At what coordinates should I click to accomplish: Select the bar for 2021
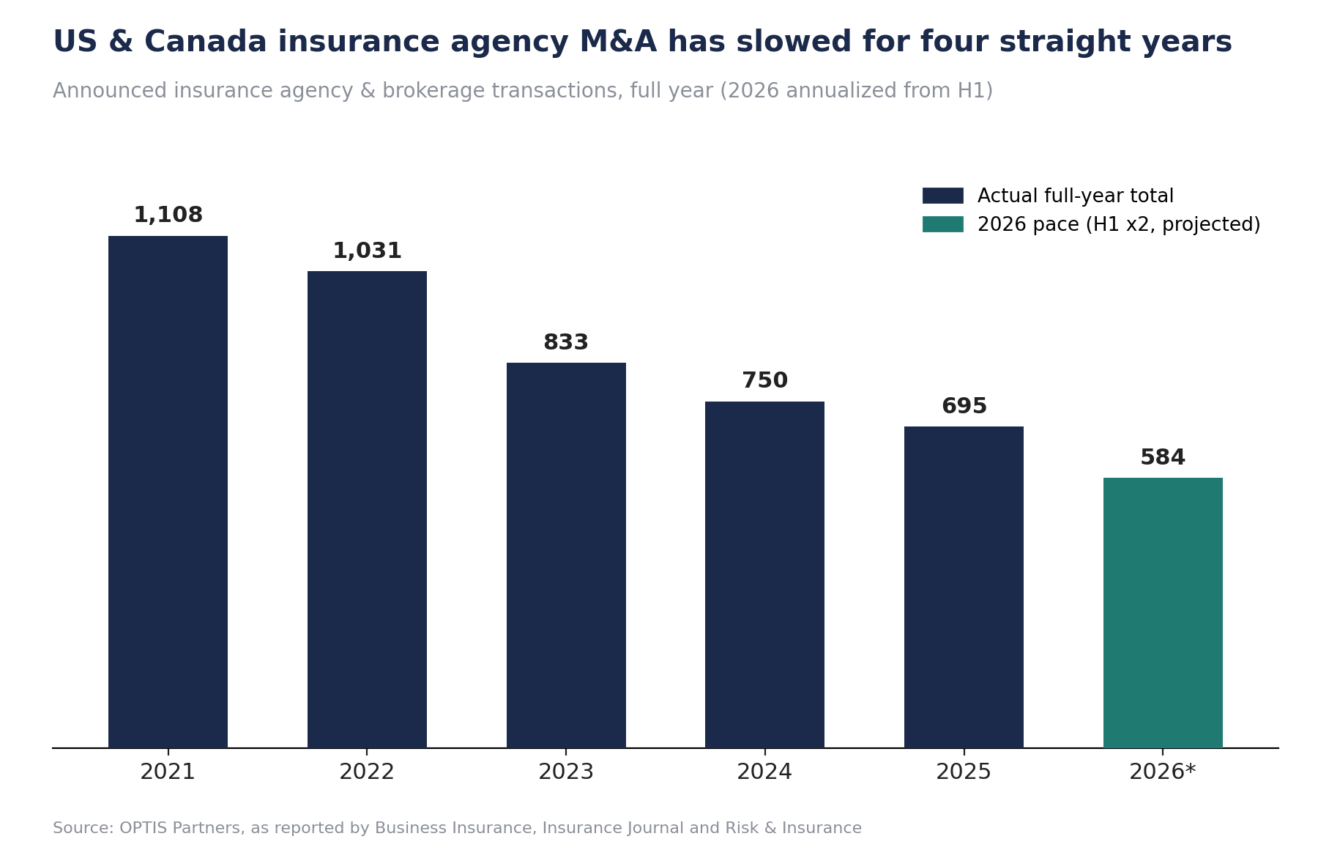[x=168, y=492]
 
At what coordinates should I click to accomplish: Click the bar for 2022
[x=367, y=509]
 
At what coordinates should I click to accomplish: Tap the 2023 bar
[x=566, y=555]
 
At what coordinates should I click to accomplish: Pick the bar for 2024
[x=764, y=574]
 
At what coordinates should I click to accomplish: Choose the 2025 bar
[x=964, y=587]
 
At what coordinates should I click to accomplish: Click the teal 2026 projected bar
[x=1163, y=613]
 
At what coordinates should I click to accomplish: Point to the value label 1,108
[x=168, y=215]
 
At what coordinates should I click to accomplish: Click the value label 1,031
[x=367, y=251]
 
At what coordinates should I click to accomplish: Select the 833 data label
[x=566, y=343]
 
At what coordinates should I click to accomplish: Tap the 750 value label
[x=764, y=381]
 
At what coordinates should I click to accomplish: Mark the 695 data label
[x=964, y=406]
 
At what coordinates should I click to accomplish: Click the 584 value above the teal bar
[x=1163, y=458]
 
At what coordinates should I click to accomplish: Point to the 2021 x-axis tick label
[x=168, y=772]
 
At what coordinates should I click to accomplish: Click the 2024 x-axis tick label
[x=764, y=772]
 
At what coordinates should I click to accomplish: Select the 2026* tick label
[x=1163, y=772]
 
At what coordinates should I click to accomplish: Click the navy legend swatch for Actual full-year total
[x=942, y=196]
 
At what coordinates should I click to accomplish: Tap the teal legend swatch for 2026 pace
[x=942, y=224]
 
